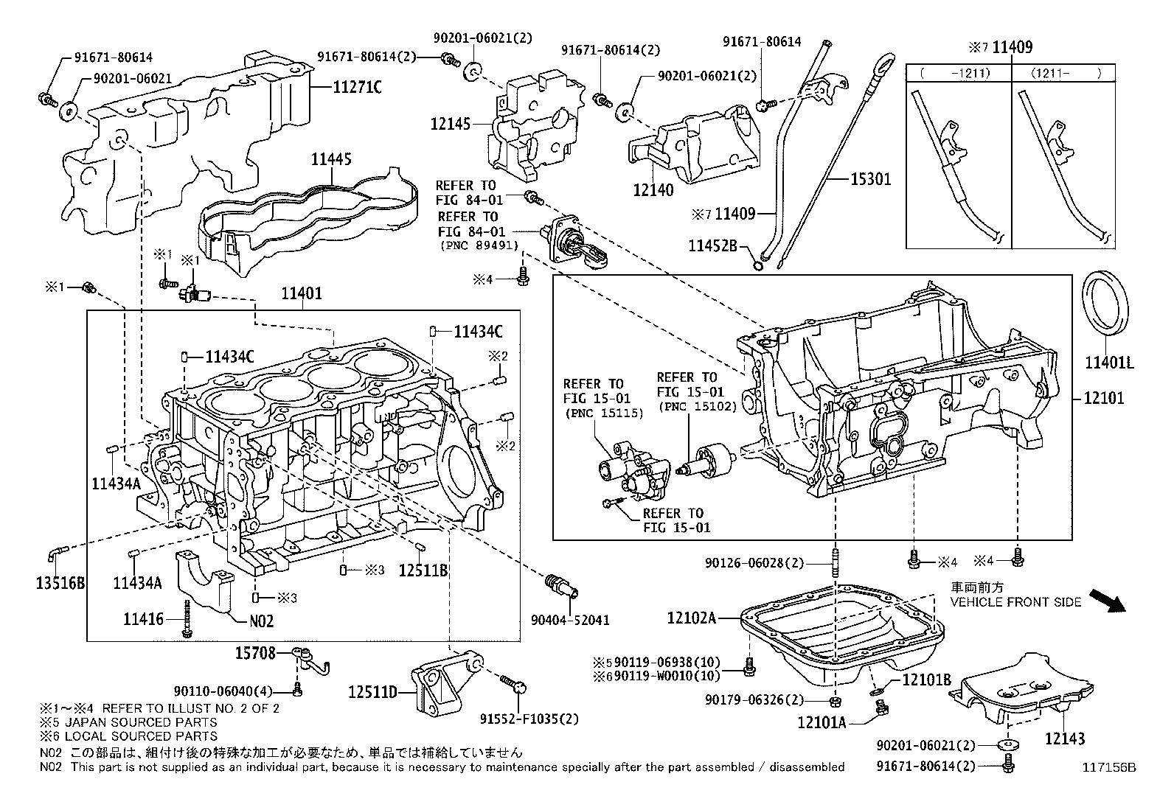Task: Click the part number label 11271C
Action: click(x=357, y=88)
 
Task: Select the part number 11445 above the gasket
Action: click(x=330, y=159)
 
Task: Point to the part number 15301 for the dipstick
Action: click(x=871, y=178)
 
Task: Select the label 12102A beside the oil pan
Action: click(x=691, y=618)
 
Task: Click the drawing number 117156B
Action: click(x=1108, y=767)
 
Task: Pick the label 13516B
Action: click(x=60, y=584)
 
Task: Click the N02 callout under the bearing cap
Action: click(x=261, y=621)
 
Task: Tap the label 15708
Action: click(x=255, y=652)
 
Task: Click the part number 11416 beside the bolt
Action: click(x=144, y=618)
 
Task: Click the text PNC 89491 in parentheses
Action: click(x=478, y=245)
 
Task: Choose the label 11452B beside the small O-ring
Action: click(x=713, y=245)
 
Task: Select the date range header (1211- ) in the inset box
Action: click(x=1057, y=73)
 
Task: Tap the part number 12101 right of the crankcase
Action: click(x=1104, y=399)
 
